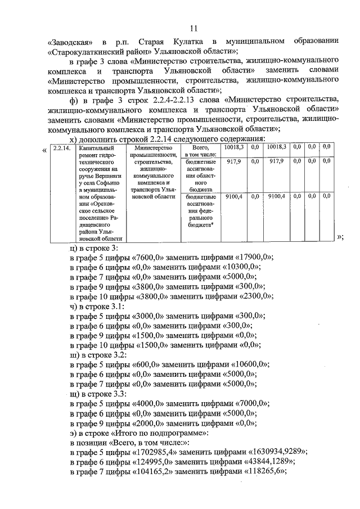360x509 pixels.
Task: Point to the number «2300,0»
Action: coord(261,297)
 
